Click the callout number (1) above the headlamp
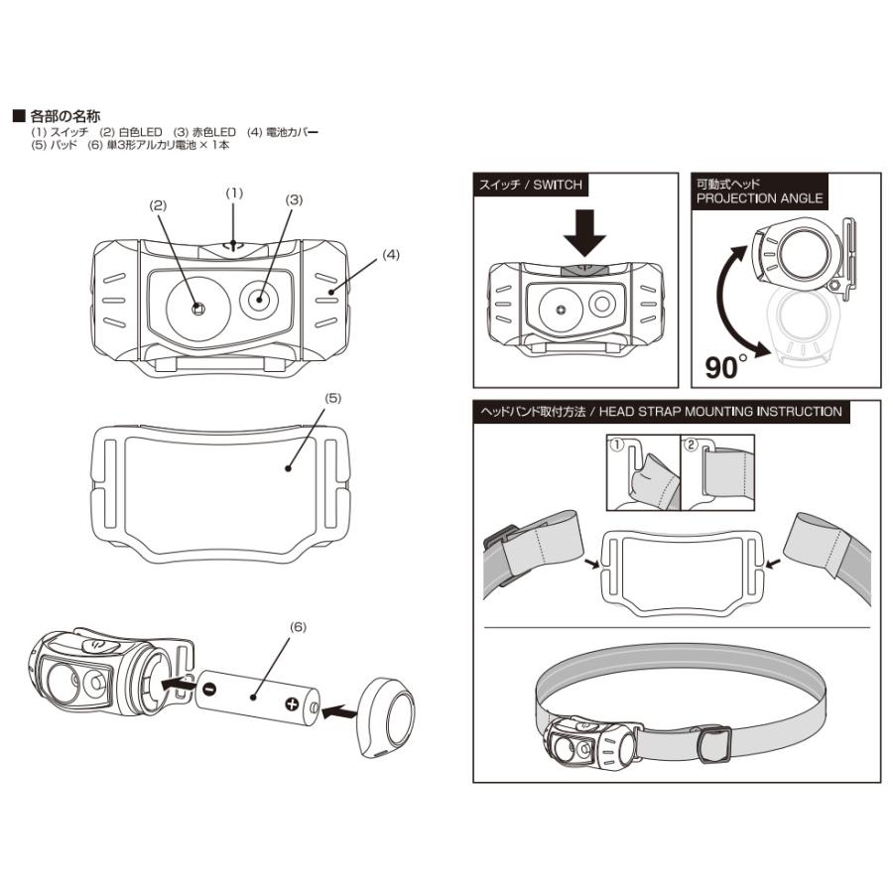pos(234,191)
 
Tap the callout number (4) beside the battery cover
pos(391,255)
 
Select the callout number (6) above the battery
pos(297,627)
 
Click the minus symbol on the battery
pos(209,689)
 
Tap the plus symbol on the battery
pos(292,704)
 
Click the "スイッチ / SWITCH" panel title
pos(531,185)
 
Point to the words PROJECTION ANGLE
pos(759,198)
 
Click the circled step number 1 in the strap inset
pos(616,446)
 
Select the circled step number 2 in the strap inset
pos(692,446)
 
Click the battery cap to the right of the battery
pos(389,715)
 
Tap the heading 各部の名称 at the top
pos(65,116)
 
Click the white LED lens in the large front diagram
pos(196,307)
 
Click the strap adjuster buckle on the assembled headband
pos(713,743)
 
